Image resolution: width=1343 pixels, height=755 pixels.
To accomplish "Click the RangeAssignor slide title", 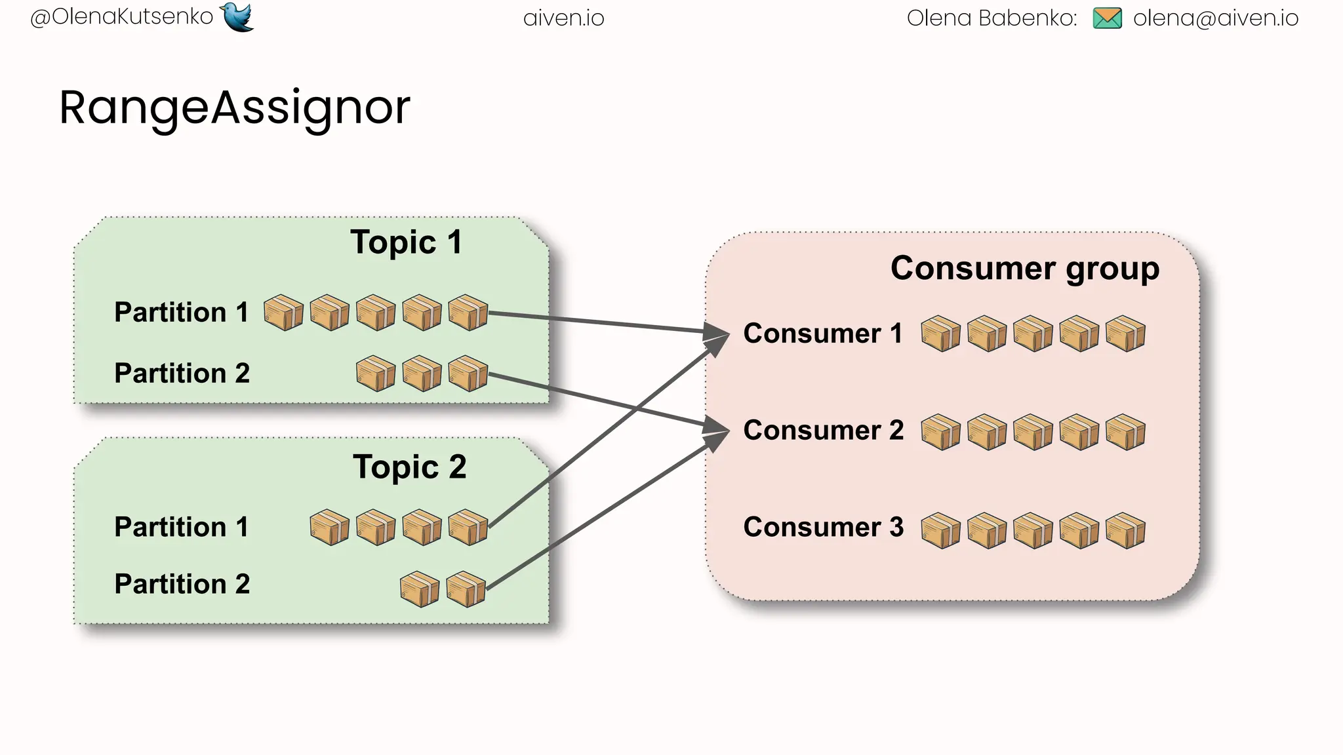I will pyautogui.click(x=234, y=107).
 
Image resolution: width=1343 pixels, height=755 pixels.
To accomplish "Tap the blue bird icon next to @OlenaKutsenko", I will pyautogui.click(x=237, y=16).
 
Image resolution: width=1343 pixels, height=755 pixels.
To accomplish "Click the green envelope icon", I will pyautogui.click(x=1107, y=18).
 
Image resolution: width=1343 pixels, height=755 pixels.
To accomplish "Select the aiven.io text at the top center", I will pyautogui.click(x=563, y=18).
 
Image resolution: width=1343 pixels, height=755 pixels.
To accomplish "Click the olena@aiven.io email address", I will pyautogui.click(x=1215, y=18).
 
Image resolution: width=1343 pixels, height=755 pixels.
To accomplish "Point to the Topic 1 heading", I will pyautogui.click(x=406, y=242).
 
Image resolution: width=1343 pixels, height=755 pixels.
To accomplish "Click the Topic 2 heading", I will pyautogui.click(x=409, y=467).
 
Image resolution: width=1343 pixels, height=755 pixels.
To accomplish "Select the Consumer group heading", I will pyautogui.click(x=1024, y=268).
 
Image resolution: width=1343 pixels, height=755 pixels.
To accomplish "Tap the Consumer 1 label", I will pyautogui.click(x=822, y=334).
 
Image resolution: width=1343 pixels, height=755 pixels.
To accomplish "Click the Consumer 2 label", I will pyautogui.click(x=823, y=431).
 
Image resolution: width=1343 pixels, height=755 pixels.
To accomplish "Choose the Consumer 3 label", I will pyautogui.click(x=823, y=527).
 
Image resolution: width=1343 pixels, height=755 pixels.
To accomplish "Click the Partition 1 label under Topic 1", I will pyautogui.click(x=181, y=312).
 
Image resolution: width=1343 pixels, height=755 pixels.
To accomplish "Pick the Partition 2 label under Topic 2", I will pyautogui.click(x=182, y=584).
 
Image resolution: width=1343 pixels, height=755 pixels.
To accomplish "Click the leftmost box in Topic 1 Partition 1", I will pyautogui.click(x=283, y=313).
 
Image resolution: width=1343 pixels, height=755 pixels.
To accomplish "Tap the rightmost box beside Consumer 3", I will pyautogui.click(x=1125, y=530).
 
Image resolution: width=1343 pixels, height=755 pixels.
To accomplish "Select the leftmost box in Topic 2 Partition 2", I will pyautogui.click(x=419, y=589).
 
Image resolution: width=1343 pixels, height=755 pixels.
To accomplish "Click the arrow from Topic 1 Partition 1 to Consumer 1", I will pyautogui.click(x=603, y=323).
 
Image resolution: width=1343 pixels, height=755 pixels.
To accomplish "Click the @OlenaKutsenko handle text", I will pyautogui.click(x=122, y=16).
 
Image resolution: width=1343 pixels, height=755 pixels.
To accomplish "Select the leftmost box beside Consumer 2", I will pyautogui.click(x=940, y=432).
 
